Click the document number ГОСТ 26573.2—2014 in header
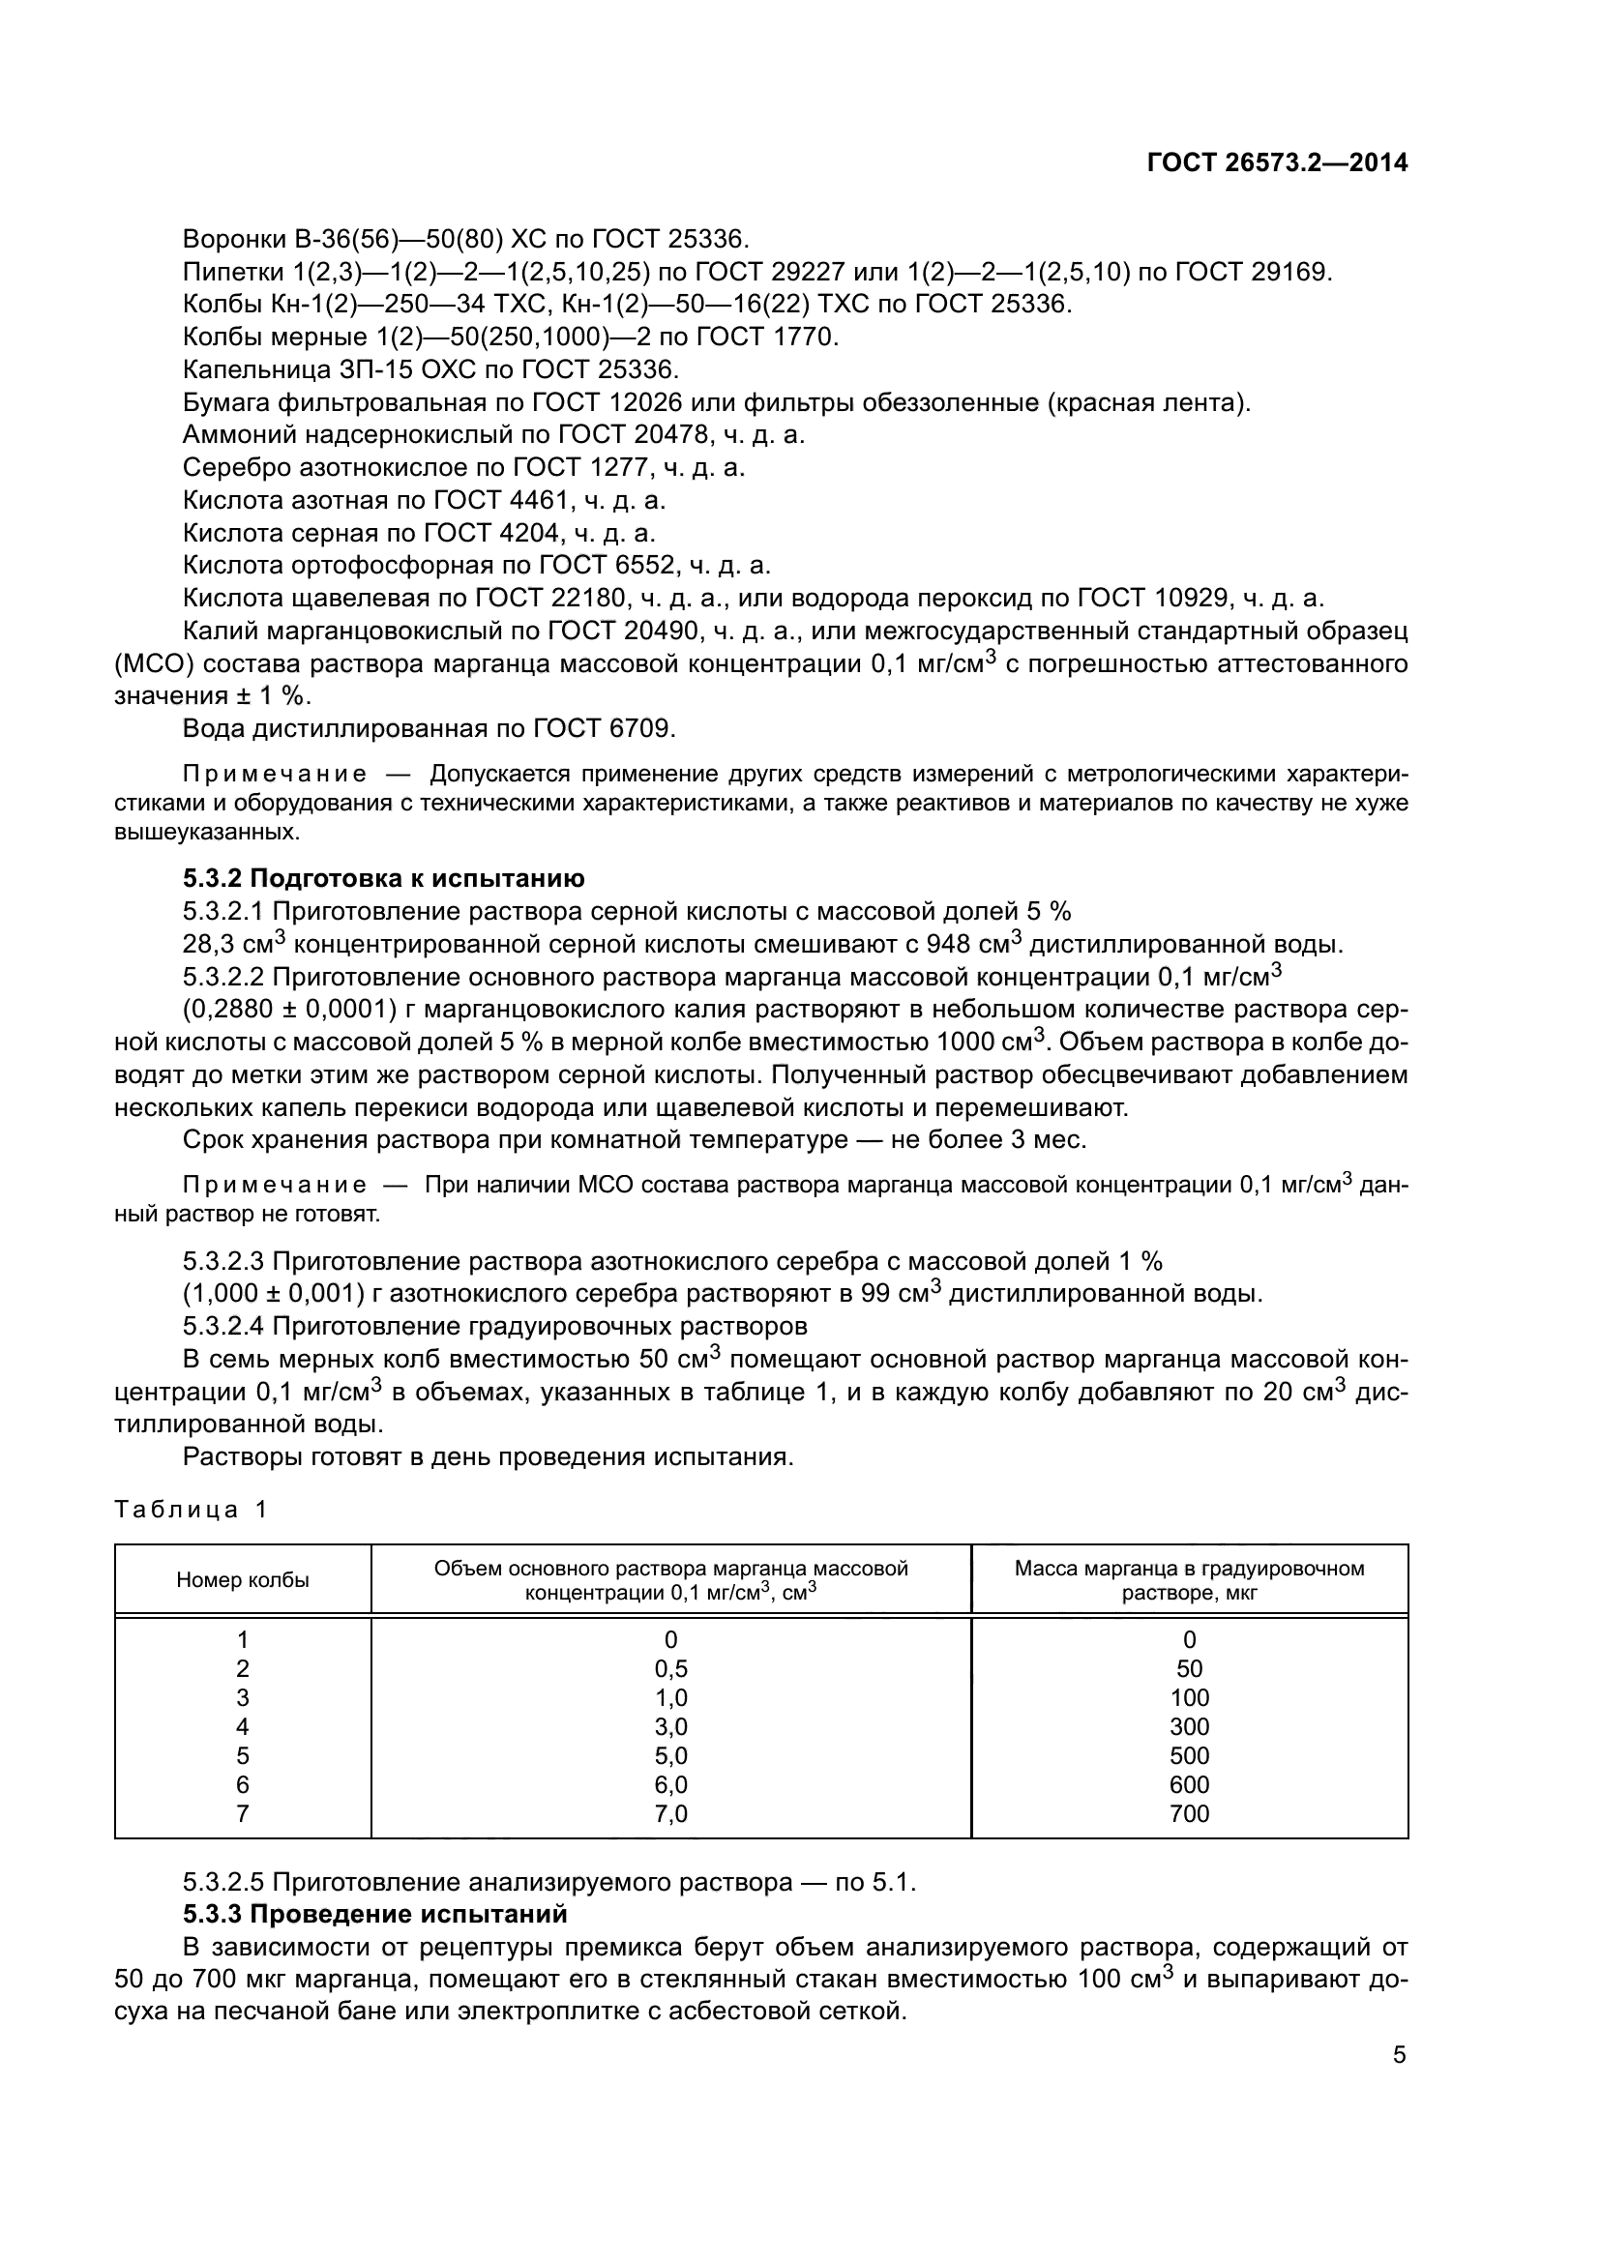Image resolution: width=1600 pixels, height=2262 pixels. coord(1277,163)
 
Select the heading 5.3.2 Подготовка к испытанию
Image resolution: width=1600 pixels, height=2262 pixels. coord(383,879)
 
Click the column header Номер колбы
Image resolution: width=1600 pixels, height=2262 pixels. coord(243,1580)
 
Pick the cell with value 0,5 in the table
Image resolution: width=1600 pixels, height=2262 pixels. coord(671,1669)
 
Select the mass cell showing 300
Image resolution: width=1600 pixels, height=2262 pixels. coord(1189,1727)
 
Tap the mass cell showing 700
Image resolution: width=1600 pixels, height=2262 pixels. coord(1189,1813)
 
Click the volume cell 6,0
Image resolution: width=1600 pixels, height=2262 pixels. coord(671,1785)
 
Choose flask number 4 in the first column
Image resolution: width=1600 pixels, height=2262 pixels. coord(243,1727)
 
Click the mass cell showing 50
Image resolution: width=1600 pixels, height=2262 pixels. coord(1189,1669)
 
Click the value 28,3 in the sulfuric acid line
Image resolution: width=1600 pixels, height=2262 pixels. coord(208,945)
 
